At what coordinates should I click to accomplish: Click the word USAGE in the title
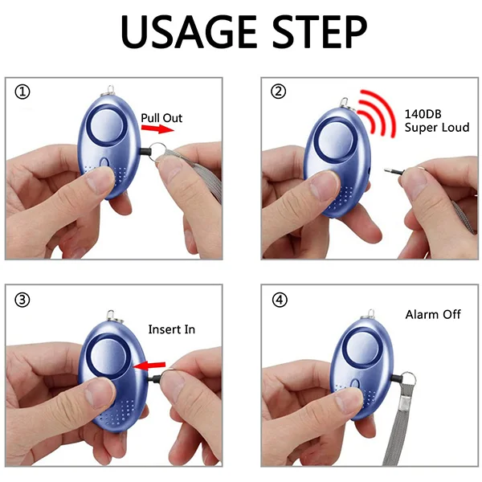[x=189, y=31]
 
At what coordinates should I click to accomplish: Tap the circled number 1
[x=22, y=92]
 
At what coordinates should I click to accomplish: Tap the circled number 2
[x=278, y=92]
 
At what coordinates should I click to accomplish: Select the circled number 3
[x=22, y=300]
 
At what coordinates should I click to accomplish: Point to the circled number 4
[x=280, y=300]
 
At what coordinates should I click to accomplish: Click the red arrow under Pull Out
[x=157, y=129]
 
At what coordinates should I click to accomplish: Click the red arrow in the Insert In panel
[x=149, y=366]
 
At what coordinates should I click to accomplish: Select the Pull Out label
[x=161, y=118]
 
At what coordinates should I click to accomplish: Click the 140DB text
[x=423, y=114]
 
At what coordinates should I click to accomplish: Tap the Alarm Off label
[x=433, y=314]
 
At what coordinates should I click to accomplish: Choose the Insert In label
[x=172, y=329]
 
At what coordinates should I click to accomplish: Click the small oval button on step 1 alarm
[x=104, y=162]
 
